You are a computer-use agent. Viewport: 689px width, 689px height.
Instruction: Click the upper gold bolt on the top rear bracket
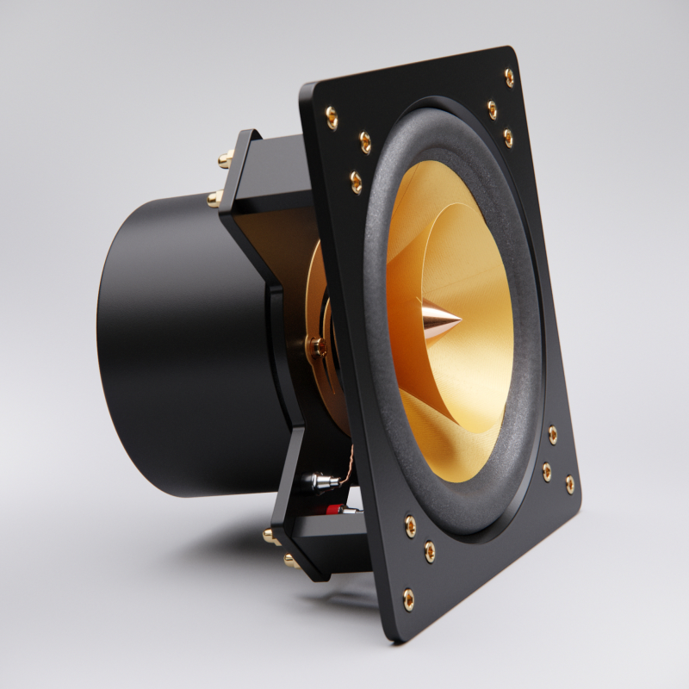pos(226,158)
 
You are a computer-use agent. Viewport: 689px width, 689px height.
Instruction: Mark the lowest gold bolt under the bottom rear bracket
pos(290,562)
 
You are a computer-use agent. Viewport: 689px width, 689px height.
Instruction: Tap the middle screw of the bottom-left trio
pos(429,549)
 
